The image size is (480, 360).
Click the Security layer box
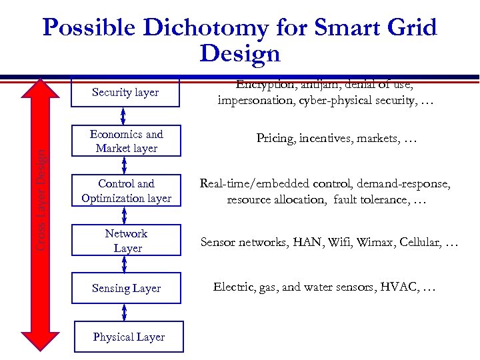pos(125,92)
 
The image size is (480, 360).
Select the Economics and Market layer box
pos(125,141)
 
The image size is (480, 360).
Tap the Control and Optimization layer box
pos(125,191)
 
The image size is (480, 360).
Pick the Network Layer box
pos(125,241)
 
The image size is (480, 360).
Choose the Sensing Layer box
pos(125,289)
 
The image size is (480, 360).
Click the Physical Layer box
pos(128,337)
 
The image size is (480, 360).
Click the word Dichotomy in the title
pos(213,28)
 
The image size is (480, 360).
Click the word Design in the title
pos(239,53)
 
